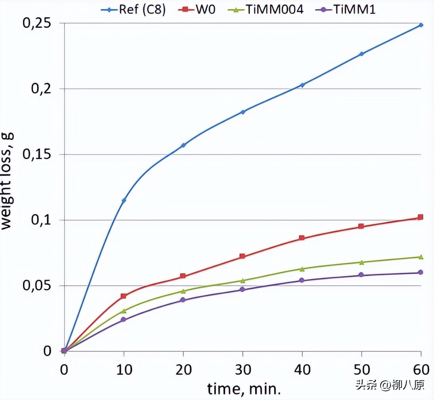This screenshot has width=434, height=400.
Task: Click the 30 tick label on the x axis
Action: pyautogui.click(x=242, y=369)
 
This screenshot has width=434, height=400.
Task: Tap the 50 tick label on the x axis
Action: pyautogui.click(x=361, y=369)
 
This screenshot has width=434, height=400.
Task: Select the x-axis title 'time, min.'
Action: pyautogui.click(x=243, y=389)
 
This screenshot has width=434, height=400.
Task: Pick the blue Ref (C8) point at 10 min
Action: pyautogui.click(x=124, y=200)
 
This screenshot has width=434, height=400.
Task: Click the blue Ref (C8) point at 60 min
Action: pyautogui.click(x=421, y=25)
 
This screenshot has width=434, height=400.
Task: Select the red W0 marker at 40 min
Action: pyautogui.click(x=302, y=238)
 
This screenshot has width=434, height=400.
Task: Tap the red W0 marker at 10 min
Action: pyautogui.click(x=124, y=296)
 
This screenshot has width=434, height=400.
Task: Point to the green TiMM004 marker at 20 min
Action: pyautogui.click(x=183, y=291)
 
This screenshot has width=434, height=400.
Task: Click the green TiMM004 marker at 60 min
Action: pyautogui.click(x=421, y=257)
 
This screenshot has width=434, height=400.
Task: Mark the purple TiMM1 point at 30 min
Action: pyautogui.click(x=242, y=289)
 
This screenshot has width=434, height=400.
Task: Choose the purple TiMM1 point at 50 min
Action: pyautogui.click(x=361, y=275)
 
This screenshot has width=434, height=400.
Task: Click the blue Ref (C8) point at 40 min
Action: pyautogui.click(x=302, y=85)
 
